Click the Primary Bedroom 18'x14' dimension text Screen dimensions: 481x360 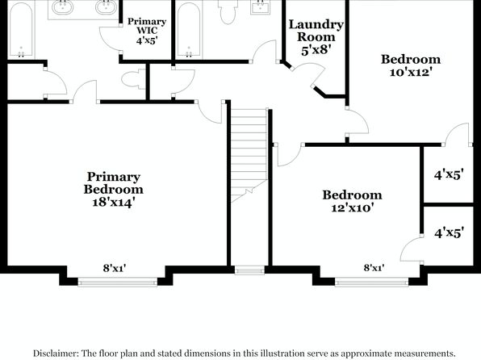click(x=114, y=203)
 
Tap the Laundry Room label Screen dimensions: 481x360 click(x=316, y=31)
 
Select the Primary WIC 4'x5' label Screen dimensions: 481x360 click(x=147, y=31)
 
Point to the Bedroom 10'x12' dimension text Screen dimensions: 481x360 click(x=411, y=73)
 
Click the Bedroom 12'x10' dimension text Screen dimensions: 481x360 click(x=353, y=208)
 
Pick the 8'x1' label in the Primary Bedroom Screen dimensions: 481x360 click(x=115, y=268)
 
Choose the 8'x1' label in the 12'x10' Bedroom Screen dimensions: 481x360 click(x=374, y=268)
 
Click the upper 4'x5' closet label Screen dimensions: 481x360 click(x=449, y=175)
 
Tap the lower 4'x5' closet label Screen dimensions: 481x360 click(x=449, y=232)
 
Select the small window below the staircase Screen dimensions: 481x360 click(x=249, y=270)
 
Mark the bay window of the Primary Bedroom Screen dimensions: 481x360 click(x=118, y=282)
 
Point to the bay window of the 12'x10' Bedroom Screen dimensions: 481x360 click(x=371, y=282)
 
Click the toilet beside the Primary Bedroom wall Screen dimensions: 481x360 click(x=133, y=79)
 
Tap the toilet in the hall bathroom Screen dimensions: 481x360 click(x=228, y=11)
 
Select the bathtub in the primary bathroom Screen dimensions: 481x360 click(x=21, y=30)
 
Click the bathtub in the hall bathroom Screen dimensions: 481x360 click(x=189, y=30)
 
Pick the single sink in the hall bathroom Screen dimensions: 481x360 click(x=261, y=6)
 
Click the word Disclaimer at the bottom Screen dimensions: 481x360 click(x=55, y=354)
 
